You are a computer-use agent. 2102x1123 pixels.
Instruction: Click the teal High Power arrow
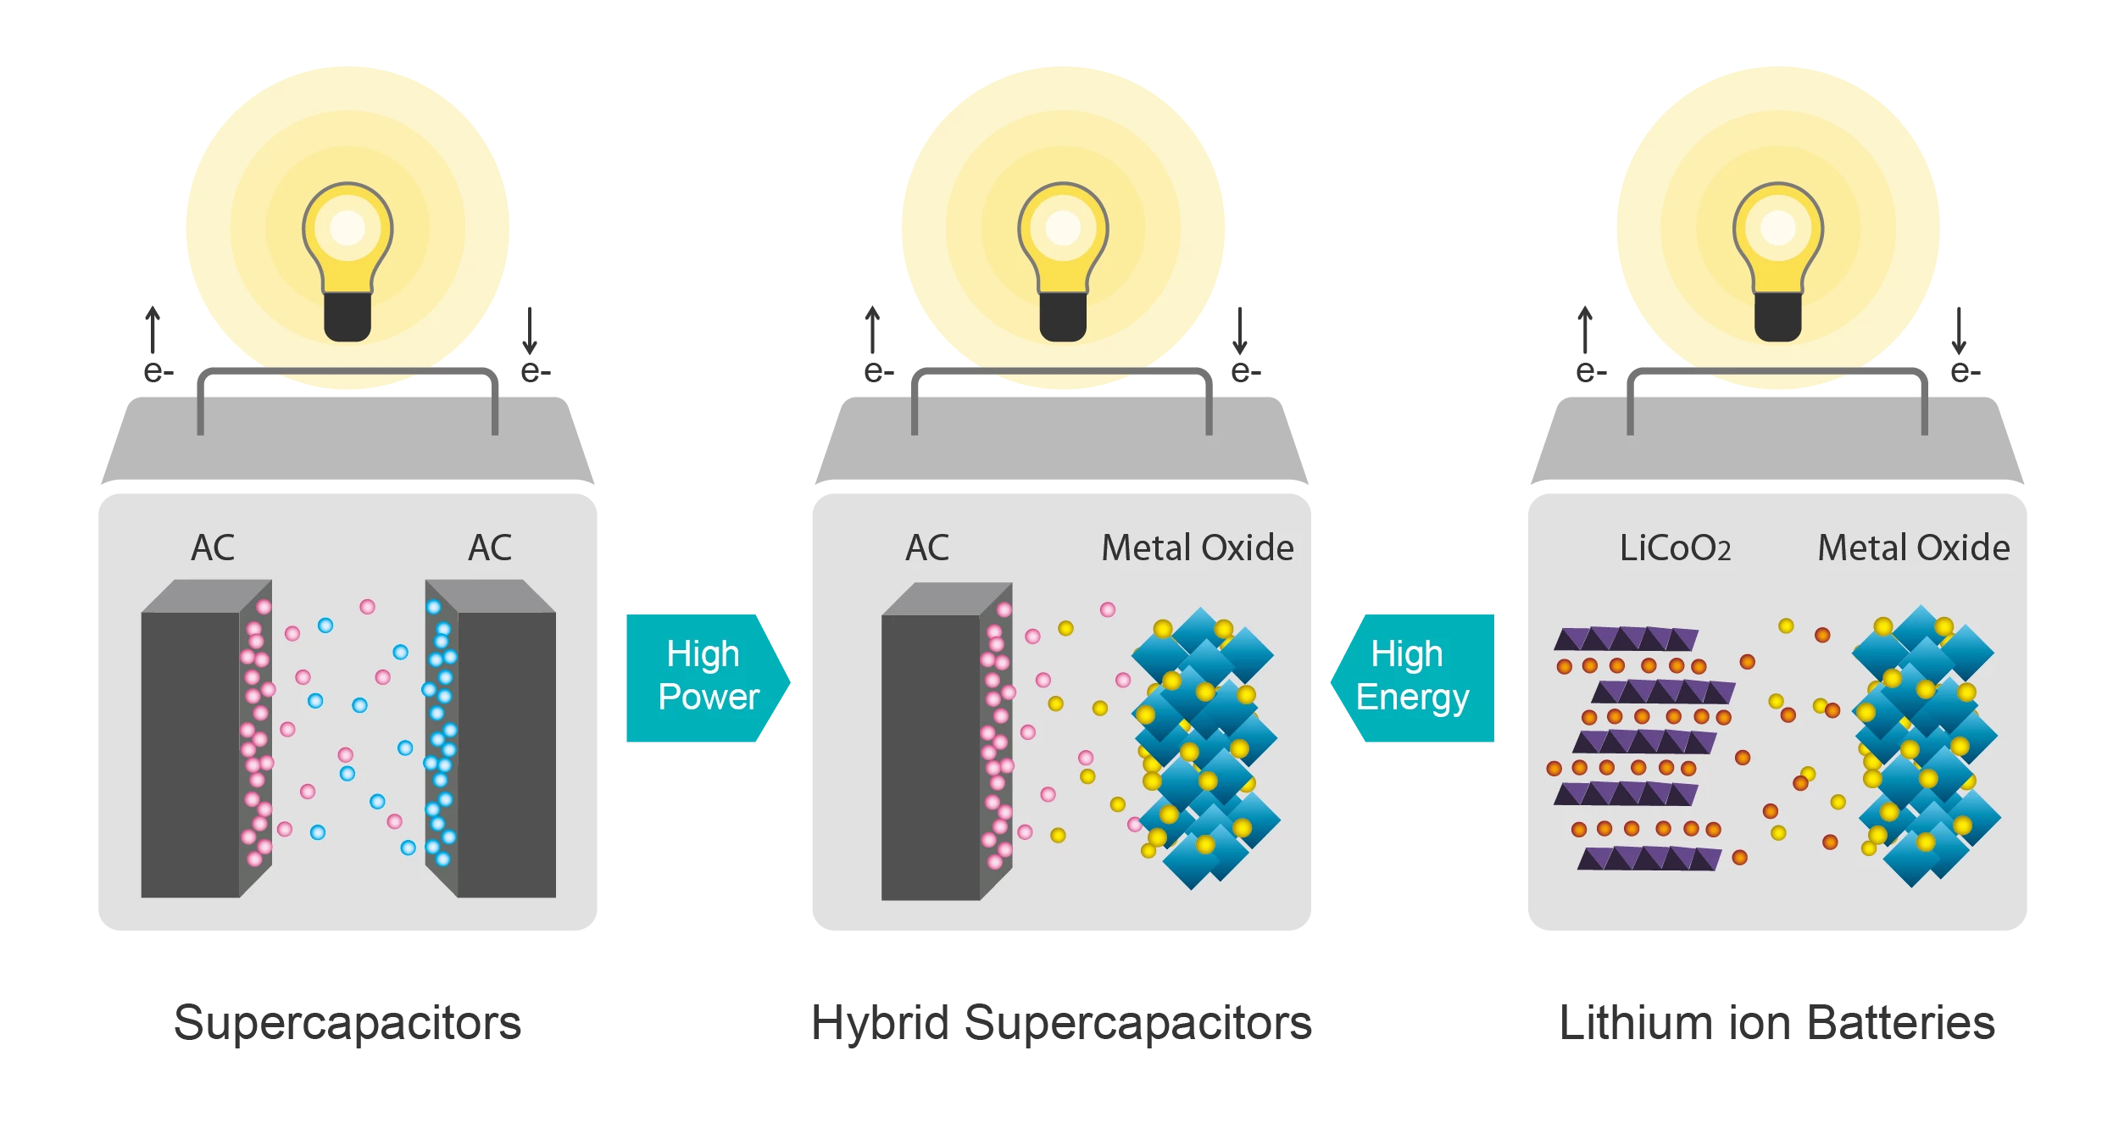coord(706,677)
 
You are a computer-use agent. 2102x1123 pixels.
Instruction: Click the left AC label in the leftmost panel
coord(213,548)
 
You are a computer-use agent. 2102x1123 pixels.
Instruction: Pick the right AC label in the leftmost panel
coord(490,548)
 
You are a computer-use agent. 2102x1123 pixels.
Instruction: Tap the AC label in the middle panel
coord(927,548)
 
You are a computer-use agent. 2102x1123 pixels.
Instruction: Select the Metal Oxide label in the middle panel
coord(1197,548)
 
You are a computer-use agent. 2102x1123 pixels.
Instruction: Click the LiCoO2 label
coord(1675,548)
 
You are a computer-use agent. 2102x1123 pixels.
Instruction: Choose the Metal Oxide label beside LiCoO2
coord(1913,548)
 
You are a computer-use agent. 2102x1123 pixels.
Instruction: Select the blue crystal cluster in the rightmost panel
coord(1924,746)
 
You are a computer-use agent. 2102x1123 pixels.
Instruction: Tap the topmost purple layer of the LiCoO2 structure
coord(1626,638)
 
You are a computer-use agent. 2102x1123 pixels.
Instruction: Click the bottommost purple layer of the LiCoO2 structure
coord(1649,859)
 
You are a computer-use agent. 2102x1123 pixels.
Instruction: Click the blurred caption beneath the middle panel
coord(1063,1025)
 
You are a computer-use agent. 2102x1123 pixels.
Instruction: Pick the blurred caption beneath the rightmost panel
coord(1778,1025)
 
